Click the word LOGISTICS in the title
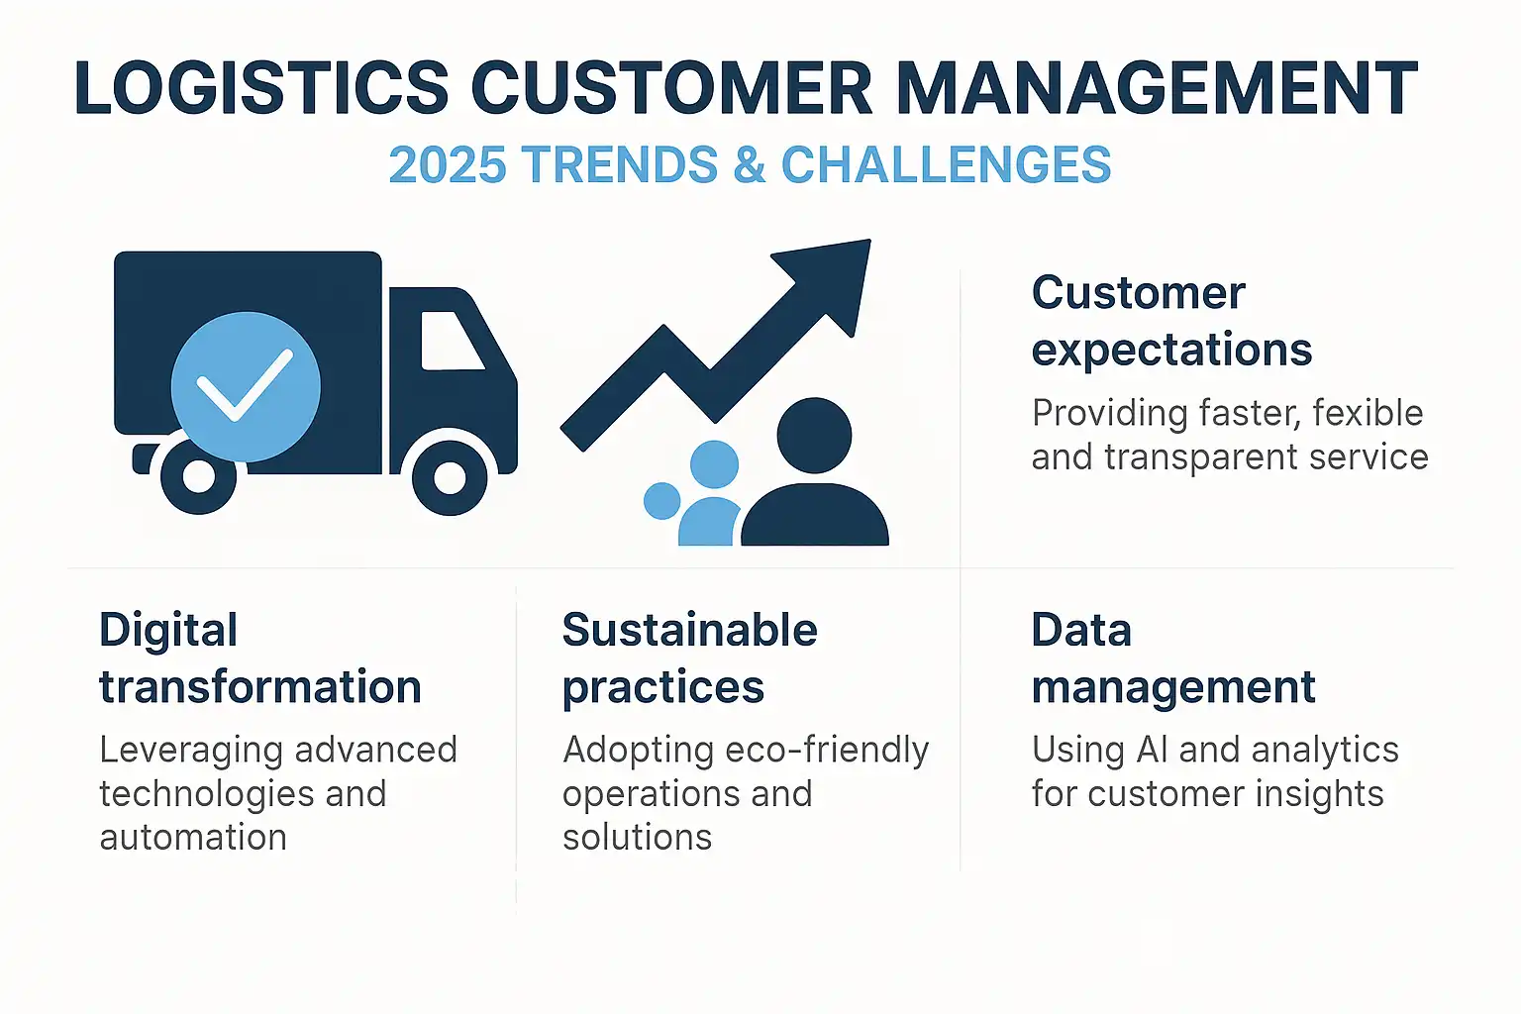[x=261, y=87]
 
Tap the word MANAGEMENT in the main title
[x=1157, y=87]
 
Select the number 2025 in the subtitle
[x=448, y=164]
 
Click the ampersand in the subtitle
[x=750, y=164]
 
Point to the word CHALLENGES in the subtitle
[x=947, y=164]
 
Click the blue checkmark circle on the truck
[x=246, y=386]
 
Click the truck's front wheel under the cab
[x=450, y=477]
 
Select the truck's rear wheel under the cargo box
[x=198, y=476]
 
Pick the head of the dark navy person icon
[x=814, y=436]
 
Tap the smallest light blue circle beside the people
[x=662, y=500]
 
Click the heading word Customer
[x=1139, y=293]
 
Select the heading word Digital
[x=168, y=630]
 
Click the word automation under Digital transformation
[x=193, y=838]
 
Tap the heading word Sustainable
[x=690, y=630]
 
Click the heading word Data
[x=1081, y=630]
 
